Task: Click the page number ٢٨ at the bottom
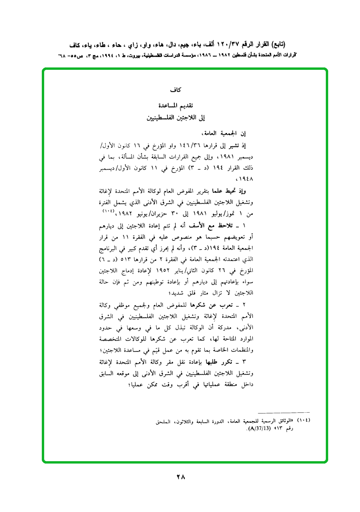(180, 476)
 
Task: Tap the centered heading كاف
(180, 89)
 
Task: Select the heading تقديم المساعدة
(180, 104)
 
